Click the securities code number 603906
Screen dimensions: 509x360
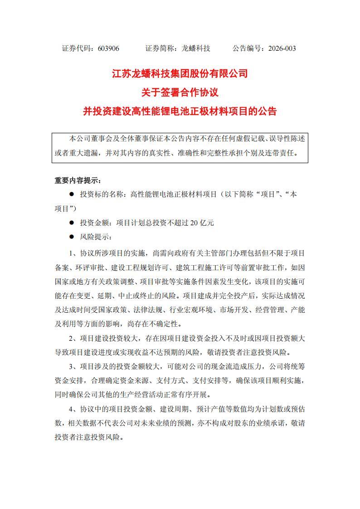coord(108,48)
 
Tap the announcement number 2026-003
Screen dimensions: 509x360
coord(282,48)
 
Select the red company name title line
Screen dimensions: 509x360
coord(180,74)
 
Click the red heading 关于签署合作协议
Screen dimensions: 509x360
coord(180,92)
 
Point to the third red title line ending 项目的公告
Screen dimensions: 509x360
coord(180,111)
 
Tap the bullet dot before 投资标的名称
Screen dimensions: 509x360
coord(71,194)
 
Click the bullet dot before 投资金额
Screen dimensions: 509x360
coord(71,223)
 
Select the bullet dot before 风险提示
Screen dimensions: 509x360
coord(71,237)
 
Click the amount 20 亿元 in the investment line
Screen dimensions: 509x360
coord(202,223)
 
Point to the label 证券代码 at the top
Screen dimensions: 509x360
coord(78,48)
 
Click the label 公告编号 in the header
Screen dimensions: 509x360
coord(248,48)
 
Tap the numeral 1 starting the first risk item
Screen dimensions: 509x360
coord(71,252)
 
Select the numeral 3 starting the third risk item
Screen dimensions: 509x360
coord(71,366)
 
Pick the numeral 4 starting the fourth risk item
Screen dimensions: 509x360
coord(71,409)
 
